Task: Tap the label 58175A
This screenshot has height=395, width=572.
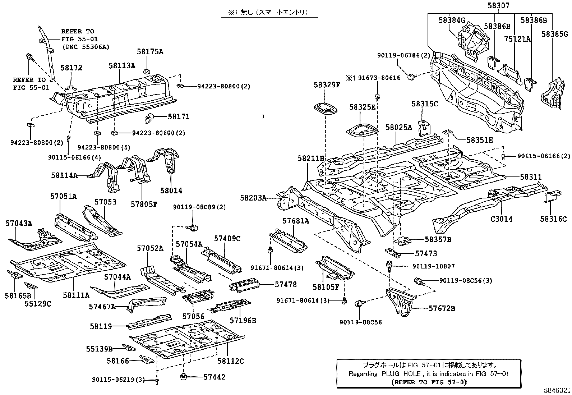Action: [150, 52]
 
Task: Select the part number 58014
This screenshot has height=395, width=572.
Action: [171, 191]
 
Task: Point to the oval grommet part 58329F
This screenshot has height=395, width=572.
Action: [326, 108]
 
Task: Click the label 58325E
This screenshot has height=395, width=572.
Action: [362, 107]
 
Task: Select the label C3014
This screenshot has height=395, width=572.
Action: [501, 219]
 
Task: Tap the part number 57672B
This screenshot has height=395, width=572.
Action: [442, 308]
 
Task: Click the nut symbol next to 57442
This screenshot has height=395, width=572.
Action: [184, 377]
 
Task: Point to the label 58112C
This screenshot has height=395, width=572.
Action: [231, 361]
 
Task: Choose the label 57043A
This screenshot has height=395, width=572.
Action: [19, 224]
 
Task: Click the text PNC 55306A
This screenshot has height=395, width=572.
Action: [86, 47]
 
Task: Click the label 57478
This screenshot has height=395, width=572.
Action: [286, 284]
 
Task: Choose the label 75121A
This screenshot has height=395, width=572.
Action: [517, 39]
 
